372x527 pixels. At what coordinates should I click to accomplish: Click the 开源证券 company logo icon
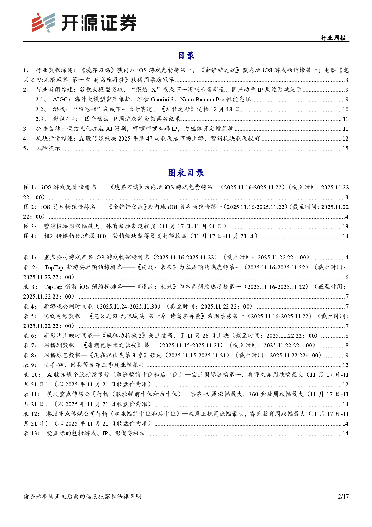[43, 22]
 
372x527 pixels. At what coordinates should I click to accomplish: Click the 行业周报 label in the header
[333, 38]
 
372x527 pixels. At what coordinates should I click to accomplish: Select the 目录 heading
[186, 55]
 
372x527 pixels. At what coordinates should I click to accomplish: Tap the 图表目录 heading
[186, 172]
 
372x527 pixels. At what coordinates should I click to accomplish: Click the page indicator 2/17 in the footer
[343, 496]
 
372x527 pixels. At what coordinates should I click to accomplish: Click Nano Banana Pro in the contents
[202, 100]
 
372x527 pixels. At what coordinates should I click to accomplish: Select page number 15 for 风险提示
[345, 148]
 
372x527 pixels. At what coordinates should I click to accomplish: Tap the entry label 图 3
[30, 227]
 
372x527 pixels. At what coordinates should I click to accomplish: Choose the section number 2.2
[40, 109]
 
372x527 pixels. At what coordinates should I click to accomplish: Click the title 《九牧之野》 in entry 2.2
[177, 109]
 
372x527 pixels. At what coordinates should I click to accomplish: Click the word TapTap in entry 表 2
[54, 268]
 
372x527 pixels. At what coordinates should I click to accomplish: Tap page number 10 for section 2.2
[345, 110]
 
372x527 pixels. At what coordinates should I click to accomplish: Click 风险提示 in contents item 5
[48, 148]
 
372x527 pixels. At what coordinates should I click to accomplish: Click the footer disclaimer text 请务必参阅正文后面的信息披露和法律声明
[82, 496]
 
